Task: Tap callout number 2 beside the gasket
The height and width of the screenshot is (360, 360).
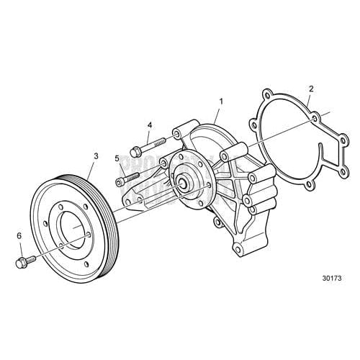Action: coord(310,89)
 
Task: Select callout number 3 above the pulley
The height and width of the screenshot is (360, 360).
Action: coord(95,156)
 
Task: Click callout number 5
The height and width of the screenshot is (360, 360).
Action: coord(116,158)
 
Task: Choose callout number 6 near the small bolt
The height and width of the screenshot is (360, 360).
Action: coord(20,235)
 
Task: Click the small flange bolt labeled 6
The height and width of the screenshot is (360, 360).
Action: coord(23,261)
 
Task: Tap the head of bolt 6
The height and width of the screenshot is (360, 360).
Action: coord(19,262)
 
